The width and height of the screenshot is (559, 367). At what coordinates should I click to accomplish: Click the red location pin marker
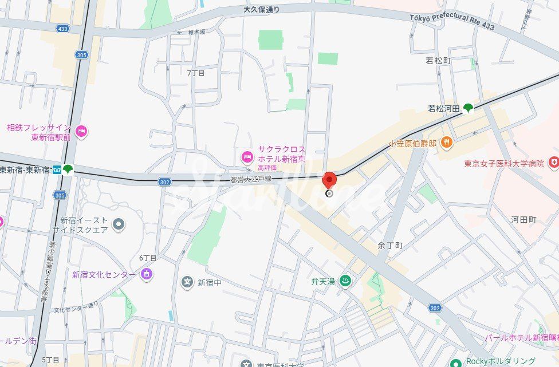click(329, 180)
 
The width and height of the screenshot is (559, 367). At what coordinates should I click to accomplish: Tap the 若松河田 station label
click(444, 108)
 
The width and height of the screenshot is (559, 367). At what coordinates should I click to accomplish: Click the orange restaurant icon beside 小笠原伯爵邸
click(447, 143)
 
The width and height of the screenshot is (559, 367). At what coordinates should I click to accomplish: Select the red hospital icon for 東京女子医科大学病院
click(553, 163)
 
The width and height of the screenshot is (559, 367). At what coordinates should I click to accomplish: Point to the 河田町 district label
click(523, 219)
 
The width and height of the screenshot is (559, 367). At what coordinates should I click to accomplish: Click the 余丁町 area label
click(390, 245)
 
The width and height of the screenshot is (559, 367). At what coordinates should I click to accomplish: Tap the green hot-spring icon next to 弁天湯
click(345, 281)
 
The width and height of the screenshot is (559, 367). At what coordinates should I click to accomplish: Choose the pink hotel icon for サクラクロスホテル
click(247, 156)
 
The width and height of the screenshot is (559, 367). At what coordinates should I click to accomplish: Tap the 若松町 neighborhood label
click(439, 60)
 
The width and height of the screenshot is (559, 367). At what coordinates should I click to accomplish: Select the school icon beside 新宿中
click(187, 282)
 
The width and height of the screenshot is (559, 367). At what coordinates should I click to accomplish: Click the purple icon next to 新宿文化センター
click(147, 274)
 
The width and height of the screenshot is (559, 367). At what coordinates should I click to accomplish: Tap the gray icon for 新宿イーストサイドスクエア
click(119, 223)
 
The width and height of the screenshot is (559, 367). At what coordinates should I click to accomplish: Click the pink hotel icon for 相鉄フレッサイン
click(81, 132)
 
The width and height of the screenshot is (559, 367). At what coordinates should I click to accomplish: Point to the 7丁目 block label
click(196, 73)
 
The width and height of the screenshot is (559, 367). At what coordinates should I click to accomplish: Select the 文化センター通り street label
click(77, 307)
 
